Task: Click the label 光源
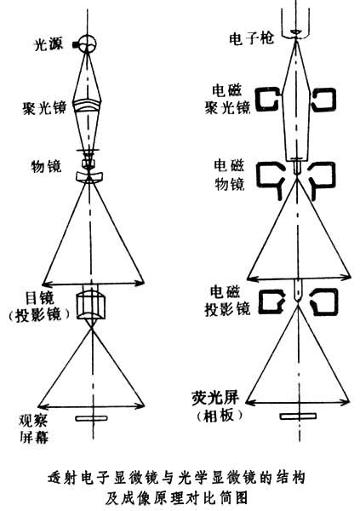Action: (49, 44)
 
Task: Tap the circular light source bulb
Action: (88, 43)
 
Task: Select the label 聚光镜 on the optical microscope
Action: (44, 107)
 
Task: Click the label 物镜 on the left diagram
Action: (46, 167)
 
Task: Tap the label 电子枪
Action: (251, 39)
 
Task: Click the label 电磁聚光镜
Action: (227, 99)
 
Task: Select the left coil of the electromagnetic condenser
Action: (269, 99)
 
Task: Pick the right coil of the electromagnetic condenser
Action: (324, 100)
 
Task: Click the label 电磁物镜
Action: (229, 175)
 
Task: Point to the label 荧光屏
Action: (215, 398)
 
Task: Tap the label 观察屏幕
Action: (34, 428)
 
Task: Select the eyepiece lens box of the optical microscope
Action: (91, 306)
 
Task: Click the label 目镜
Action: (39, 298)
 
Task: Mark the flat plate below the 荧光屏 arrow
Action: (298, 416)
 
